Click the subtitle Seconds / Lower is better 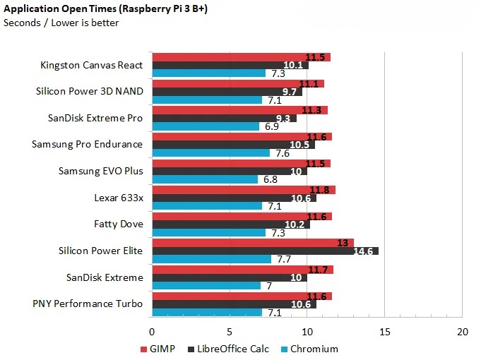click(61, 23)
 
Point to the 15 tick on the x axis click(384, 332)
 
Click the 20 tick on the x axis click(462, 332)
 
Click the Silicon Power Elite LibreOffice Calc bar click(265, 251)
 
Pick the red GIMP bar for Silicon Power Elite click(253, 242)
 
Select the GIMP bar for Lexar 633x click(244, 189)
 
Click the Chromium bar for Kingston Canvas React click(209, 73)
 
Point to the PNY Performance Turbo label click(88, 304)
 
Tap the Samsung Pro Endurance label click(87, 144)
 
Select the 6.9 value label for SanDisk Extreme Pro click(271, 126)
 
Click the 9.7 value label click(289, 92)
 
